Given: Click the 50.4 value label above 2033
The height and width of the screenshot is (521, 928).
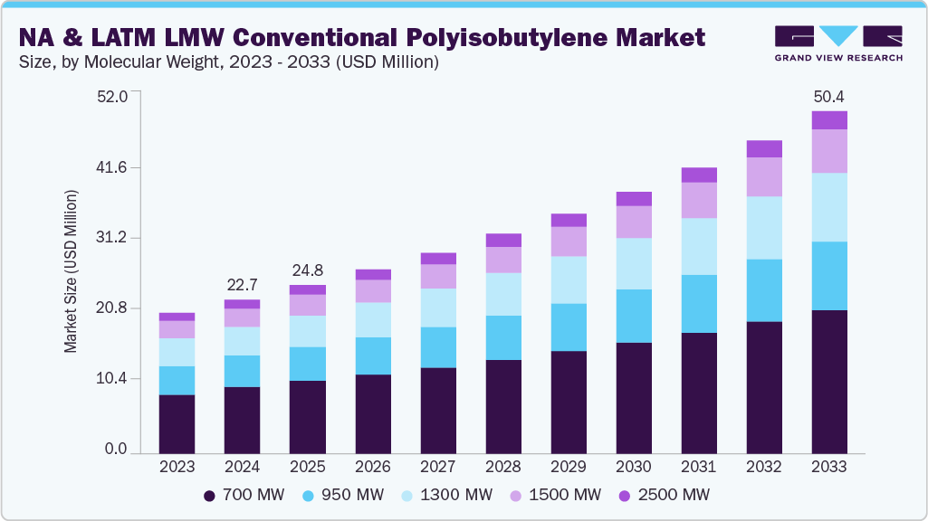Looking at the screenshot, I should click(828, 97).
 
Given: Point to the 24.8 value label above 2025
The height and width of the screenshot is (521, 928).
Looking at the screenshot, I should click(307, 270).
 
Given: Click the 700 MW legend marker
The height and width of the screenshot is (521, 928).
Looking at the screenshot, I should click(210, 495).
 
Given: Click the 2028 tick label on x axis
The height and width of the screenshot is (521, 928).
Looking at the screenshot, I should click(502, 467).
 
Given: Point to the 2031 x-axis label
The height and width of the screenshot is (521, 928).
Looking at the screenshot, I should click(698, 467).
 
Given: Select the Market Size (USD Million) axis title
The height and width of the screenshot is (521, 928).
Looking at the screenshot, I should click(71, 271).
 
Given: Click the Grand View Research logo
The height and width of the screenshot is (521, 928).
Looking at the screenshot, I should click(838, 43).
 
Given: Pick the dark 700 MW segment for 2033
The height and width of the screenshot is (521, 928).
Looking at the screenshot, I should click(828, 381).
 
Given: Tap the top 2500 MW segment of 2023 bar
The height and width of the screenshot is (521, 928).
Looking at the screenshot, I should click(177, 317).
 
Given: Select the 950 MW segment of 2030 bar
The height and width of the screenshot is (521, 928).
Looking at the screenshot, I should click(633, 316).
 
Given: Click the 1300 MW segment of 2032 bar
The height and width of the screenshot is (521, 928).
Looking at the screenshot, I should click(763, 228).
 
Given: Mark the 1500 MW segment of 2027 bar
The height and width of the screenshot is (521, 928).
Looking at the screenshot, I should click(437, 276).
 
